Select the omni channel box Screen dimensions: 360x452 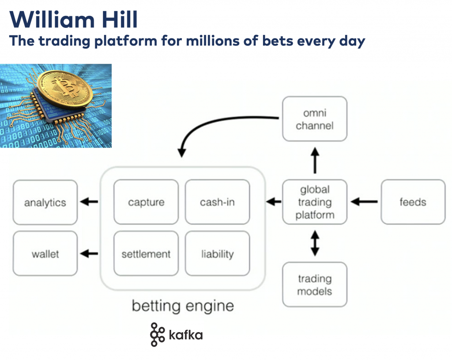pos(314,119)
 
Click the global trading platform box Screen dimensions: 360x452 pos(314,202)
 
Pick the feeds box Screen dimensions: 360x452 pos(413,202)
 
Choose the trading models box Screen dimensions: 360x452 pos(314,285)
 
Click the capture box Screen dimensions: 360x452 pos(146,202)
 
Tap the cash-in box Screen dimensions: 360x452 pos(217,202)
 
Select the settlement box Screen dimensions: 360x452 pos(146,254)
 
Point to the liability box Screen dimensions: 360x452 pos(217,254)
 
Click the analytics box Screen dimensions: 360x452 pos(45,202)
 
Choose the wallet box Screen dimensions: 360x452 pos(45,254)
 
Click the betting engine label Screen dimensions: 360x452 pos(183,306)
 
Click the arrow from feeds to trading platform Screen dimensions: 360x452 pos(364,202)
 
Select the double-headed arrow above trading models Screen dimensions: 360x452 pos(314,243)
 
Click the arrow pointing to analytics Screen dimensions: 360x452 pos(89,202)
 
